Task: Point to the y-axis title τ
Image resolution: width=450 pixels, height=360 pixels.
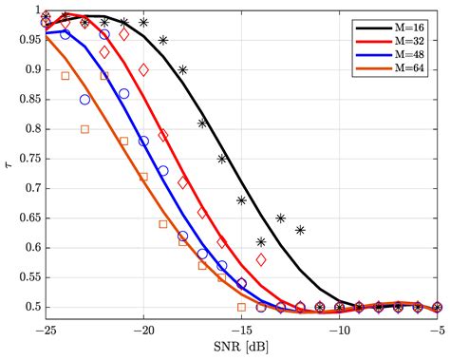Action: coord(10,164)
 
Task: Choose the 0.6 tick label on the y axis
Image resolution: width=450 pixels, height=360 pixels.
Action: coord(30,248)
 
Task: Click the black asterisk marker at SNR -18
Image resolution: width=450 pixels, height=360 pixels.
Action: coord(183,69)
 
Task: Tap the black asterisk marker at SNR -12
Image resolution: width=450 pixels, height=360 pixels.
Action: coord(300,230)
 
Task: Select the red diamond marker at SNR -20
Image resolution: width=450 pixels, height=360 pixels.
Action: coord(144,69)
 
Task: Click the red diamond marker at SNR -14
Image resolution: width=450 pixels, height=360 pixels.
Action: coord(261,259)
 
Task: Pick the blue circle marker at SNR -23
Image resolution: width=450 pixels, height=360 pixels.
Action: coord(85,99)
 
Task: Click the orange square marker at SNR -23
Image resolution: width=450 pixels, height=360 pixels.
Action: coord(85,129)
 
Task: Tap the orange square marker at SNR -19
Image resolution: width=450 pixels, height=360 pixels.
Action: coord(163,224)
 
